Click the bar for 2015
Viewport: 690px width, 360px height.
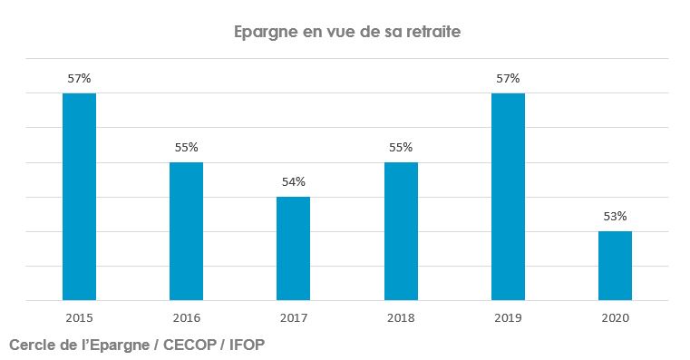coord(79,197)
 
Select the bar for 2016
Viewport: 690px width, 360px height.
coord(186,231)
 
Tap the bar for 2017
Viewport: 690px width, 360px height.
coord(293,248)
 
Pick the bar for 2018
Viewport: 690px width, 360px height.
coord(401,231)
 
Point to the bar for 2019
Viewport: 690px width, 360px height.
coord(508,197)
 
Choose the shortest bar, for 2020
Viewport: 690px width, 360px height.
coord(615,266)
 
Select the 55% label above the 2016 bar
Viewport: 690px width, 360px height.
coord(186,147)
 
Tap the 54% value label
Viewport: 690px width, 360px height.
coord(293,181)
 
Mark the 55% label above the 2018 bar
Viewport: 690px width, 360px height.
coord(401,147)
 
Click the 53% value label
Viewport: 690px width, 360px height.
coord(615,216)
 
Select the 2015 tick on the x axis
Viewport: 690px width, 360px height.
coord(79,318)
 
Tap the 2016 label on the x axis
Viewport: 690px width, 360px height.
coord(186,318)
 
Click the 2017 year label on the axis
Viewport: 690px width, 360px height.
coord(293,318)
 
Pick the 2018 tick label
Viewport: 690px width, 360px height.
coord(401,318)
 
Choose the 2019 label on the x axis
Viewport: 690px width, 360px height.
coord(508,318)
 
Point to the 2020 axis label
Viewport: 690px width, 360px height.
coord(615,318)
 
